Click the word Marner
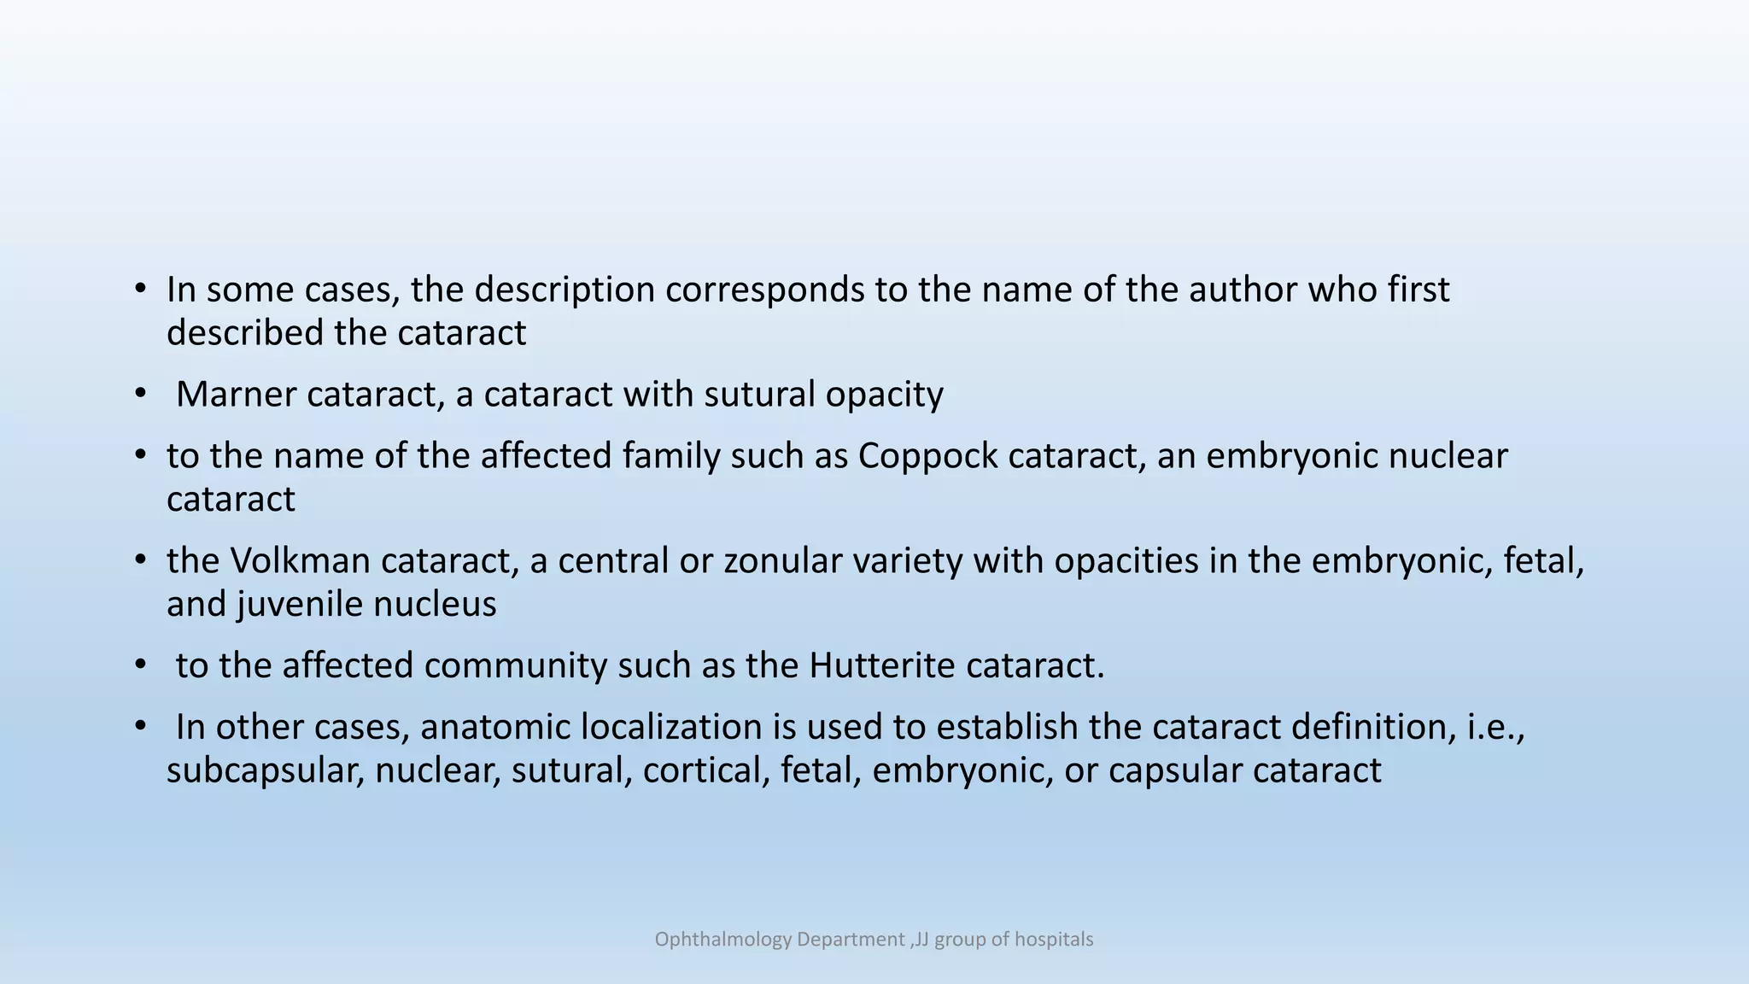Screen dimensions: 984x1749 click(235, 395)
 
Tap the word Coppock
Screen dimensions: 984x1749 click(927, 456)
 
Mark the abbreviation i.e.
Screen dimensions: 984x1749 click(1495, 727)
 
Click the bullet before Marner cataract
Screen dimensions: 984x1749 click(140, 395)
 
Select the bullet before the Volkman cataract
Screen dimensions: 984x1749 click(140, 561)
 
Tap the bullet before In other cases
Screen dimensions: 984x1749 click(140, 727)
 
